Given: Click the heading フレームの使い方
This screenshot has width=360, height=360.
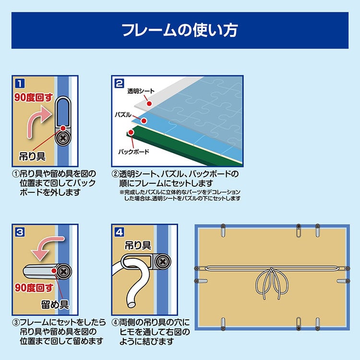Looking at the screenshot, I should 180,30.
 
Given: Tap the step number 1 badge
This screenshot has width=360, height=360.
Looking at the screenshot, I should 18,82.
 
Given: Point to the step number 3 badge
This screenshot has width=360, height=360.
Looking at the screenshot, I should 19,233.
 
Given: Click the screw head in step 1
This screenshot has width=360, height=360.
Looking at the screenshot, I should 62,139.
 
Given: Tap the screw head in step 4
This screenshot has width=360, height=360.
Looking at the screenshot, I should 163,262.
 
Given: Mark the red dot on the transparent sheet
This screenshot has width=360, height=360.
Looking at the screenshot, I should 150,103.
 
